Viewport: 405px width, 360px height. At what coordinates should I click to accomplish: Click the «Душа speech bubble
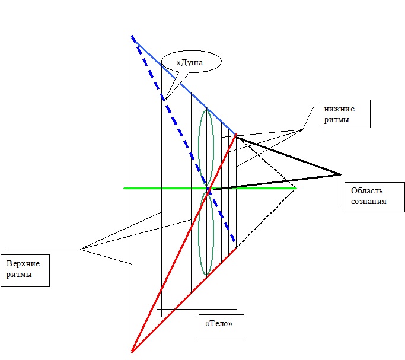(x=190, y=62)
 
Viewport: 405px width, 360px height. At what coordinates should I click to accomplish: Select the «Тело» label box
(x=219, y=325)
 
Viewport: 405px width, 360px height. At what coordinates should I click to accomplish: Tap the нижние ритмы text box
(x=343, y=113)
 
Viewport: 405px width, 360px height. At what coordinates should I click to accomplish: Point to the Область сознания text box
(x=373, y=196)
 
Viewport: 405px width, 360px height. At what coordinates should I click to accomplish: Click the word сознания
(x=369, y=202)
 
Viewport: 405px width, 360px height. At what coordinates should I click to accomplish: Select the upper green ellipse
(x=206, y=148)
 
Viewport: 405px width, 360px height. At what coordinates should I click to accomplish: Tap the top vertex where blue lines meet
(x=132, y=37)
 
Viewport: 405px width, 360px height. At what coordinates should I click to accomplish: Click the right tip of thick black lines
(x=341, y=174)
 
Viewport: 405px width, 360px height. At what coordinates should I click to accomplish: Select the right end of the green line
(x=295, y=188)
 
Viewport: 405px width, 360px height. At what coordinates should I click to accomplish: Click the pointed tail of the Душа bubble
(x=165, y=98)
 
